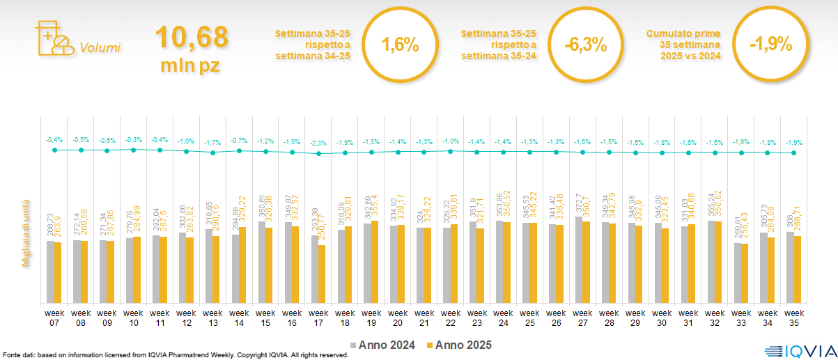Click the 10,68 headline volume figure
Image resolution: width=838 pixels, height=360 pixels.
(191, 38)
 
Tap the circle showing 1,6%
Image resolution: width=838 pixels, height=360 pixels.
(400, 45)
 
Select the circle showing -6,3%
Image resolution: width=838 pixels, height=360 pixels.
(585, 45)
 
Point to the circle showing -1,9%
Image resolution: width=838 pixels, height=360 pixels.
(770, 45)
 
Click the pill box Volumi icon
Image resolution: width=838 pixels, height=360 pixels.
(53, 38)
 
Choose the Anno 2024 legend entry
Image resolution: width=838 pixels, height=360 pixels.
(385, 345)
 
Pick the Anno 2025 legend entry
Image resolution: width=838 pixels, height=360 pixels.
(460, 345)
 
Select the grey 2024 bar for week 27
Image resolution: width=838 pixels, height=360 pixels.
(579, 260)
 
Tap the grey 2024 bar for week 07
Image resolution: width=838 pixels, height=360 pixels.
(50, 272)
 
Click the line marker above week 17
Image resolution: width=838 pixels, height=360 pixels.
(319, 153)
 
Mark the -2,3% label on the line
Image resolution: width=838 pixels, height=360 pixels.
(318, 143)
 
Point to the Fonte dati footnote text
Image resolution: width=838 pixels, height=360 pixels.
(174, 355)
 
